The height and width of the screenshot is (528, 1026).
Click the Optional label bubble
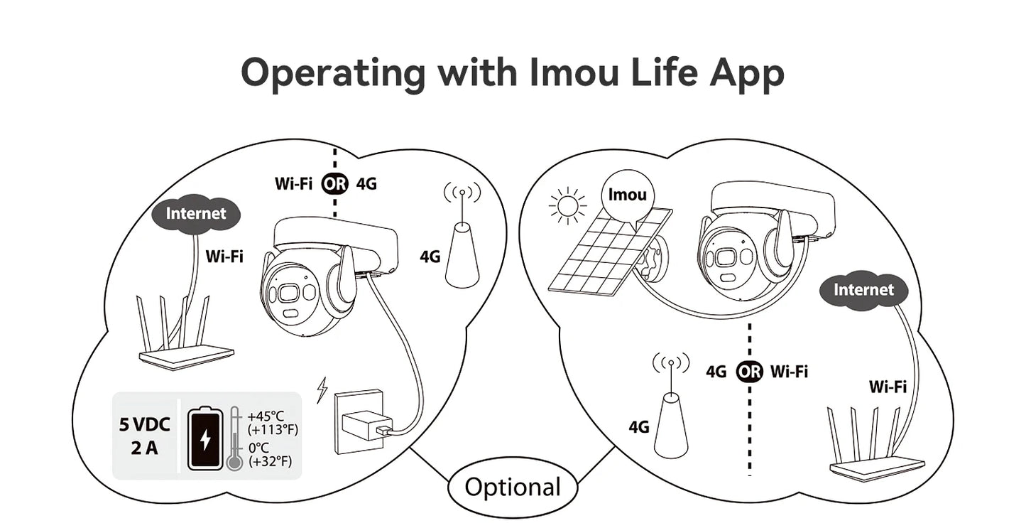(512, 487)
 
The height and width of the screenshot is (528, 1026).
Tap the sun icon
(567, 206)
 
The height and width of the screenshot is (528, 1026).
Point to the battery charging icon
(204, 438)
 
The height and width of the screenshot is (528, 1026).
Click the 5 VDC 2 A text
(145, 436)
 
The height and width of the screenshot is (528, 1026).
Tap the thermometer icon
(234, 439)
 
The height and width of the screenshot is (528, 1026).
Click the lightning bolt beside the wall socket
(322, 389)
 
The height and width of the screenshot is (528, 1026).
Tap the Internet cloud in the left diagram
(195, 213)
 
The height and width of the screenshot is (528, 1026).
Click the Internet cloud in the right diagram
(863, 290)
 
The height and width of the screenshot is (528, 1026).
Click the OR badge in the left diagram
(334, 183)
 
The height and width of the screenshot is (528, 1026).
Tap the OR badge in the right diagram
(749, 371)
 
